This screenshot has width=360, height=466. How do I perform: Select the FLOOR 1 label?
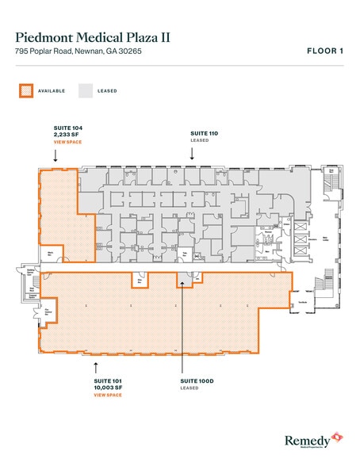coord(325,51)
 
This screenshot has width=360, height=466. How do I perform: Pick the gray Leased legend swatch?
coord(84,90)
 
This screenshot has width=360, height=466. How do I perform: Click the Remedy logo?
coord(313,438)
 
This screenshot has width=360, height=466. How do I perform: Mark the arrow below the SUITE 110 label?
coord(193,155)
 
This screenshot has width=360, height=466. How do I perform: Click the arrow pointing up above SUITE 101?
coord(96,366)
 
